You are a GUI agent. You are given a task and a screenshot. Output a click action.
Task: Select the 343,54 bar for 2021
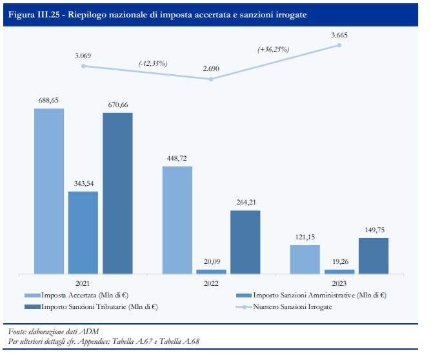point(83,232)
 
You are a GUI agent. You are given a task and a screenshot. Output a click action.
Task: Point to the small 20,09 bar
point(211,271)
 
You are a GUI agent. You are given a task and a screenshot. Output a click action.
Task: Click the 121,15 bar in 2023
point(305,259)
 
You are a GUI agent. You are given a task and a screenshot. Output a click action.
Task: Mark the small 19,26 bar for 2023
point(339,271)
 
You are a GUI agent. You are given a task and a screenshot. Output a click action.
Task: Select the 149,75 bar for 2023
point(374,255)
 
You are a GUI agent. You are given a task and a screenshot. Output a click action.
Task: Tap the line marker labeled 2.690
point(211,79)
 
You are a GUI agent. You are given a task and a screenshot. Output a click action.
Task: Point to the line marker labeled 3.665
point(339,45)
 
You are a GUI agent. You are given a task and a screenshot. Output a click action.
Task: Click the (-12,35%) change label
point(152,63)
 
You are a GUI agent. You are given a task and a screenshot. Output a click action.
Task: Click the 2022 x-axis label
point(211,283)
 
